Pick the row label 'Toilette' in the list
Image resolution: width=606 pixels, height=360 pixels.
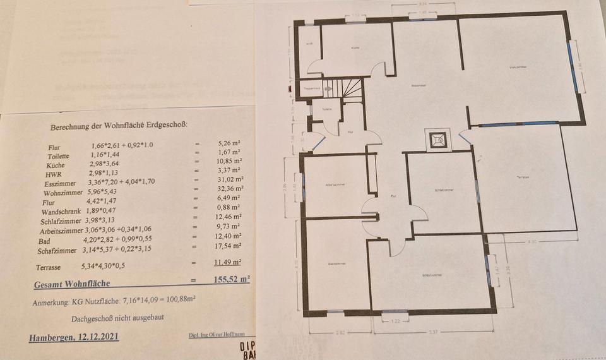pos(60,155)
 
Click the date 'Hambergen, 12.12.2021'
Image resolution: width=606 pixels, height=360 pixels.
pos(74,337)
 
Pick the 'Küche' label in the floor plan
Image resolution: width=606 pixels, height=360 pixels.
pos(356,48)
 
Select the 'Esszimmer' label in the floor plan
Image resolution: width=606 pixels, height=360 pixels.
pos(417,85)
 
